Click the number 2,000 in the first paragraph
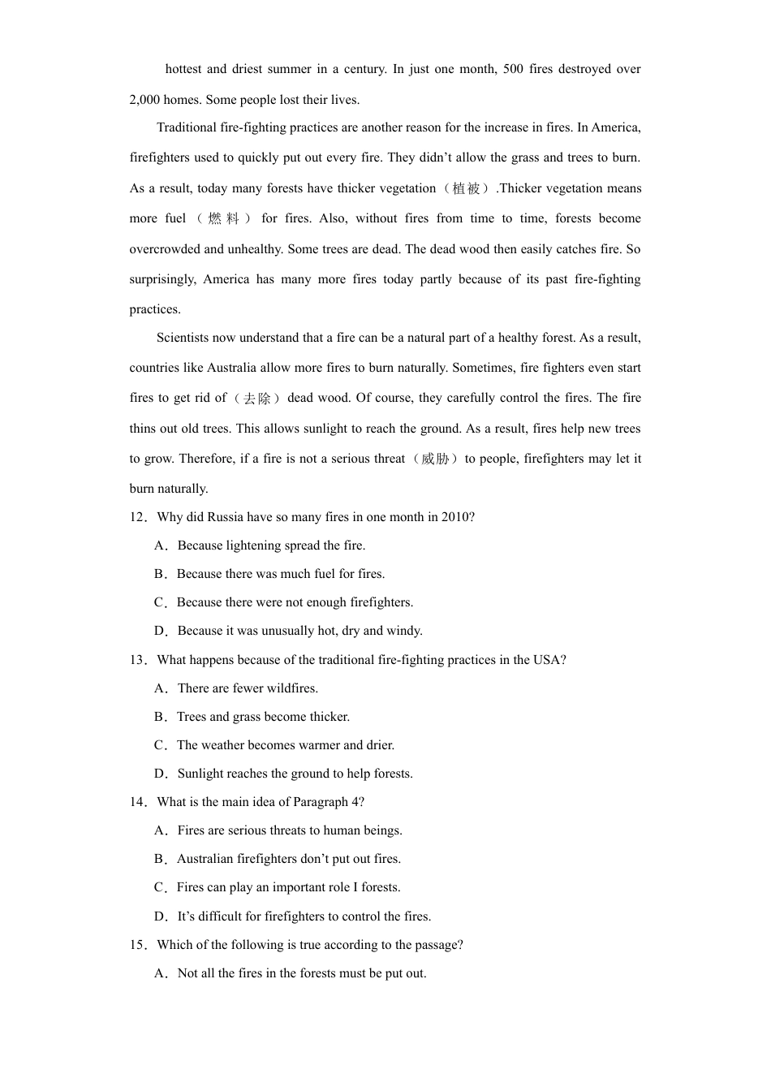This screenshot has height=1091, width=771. (x=144, y=100)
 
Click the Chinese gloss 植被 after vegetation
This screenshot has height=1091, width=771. (x=467, y=188)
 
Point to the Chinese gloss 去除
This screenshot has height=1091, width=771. (x=257, y=398)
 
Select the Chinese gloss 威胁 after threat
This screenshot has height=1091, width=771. (x=435, y=459)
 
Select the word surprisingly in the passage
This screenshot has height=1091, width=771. (x=162, y=279)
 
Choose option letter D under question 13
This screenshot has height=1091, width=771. (x=160, y=774)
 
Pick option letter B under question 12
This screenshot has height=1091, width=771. (x=159, y=574)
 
